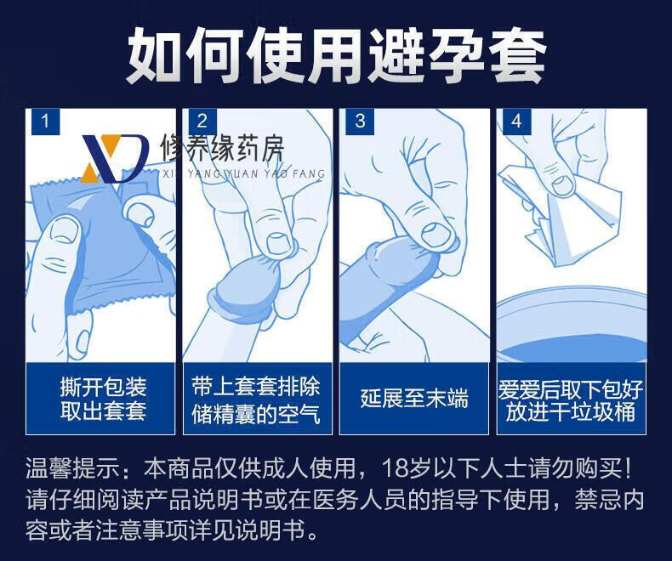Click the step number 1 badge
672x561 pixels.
pos(45,122)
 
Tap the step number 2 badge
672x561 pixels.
pos(202,122)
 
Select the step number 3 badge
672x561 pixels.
pos(360,122)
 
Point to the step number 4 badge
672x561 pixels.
pos(517,122)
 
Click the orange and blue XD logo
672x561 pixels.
pos(115,158)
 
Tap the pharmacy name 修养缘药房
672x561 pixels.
pos(222,148)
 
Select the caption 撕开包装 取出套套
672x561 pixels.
pos(103,399)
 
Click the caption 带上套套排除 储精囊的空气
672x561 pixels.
pos(256,400)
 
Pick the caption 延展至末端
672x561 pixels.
pos(414,399)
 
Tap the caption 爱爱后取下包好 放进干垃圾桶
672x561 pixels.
pos(571,400)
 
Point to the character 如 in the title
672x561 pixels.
pos(154,56)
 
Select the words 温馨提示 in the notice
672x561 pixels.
pos(73,468)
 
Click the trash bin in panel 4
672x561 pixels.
pos(572,326)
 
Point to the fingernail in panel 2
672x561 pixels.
pos(279,243)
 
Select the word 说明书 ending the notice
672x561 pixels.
pos(282,530)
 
